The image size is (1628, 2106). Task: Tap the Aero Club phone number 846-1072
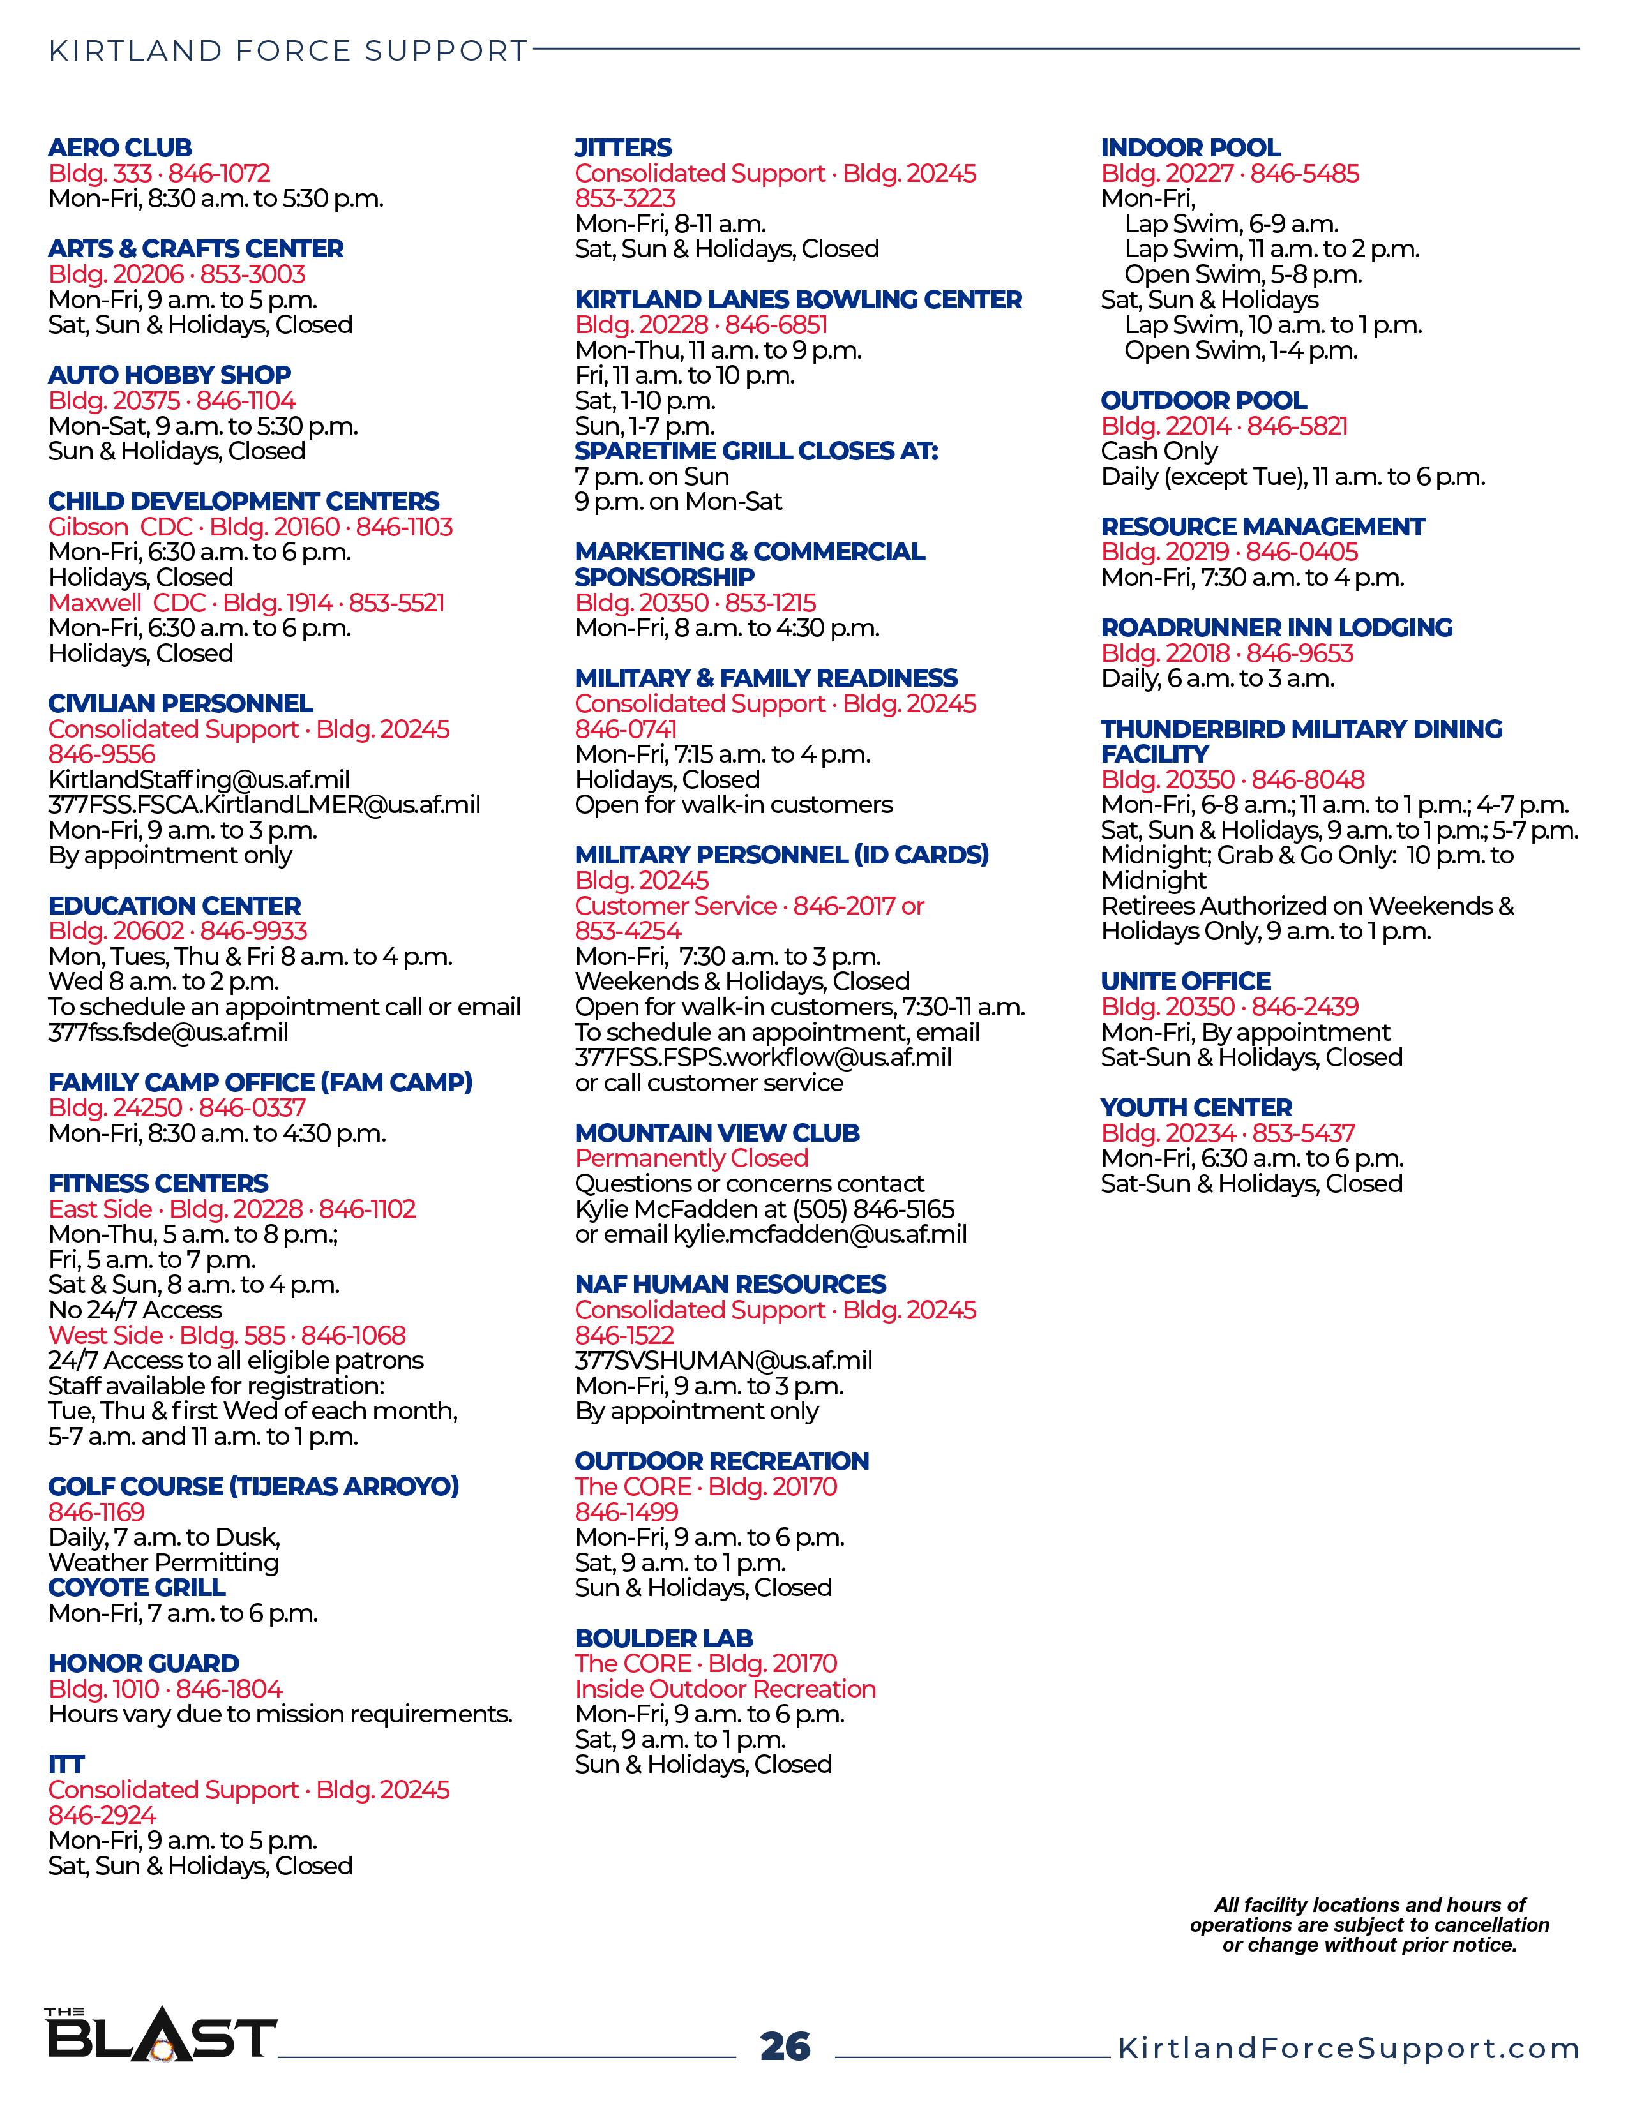coord(219,174)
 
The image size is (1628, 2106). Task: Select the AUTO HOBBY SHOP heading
coord(170,375)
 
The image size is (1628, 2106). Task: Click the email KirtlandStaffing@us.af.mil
coord(199,779)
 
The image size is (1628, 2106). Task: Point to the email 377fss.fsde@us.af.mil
coord(169,1032)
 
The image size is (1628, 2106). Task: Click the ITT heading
coord(66,1764)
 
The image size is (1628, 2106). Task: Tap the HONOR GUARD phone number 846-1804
coord(230,1689)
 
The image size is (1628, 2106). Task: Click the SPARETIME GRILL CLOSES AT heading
coord(756,451)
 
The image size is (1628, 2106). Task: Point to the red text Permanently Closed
coord(691,1158)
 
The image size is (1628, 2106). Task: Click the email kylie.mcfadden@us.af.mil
coord(820,1234)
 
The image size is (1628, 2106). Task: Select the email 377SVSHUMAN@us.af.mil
coord(723,1361)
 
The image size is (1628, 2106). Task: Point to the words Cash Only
coord(1159,451)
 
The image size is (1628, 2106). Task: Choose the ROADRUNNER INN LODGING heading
coord(1276,628)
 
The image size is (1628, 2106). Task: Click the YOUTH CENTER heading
coord(1196,1108)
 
